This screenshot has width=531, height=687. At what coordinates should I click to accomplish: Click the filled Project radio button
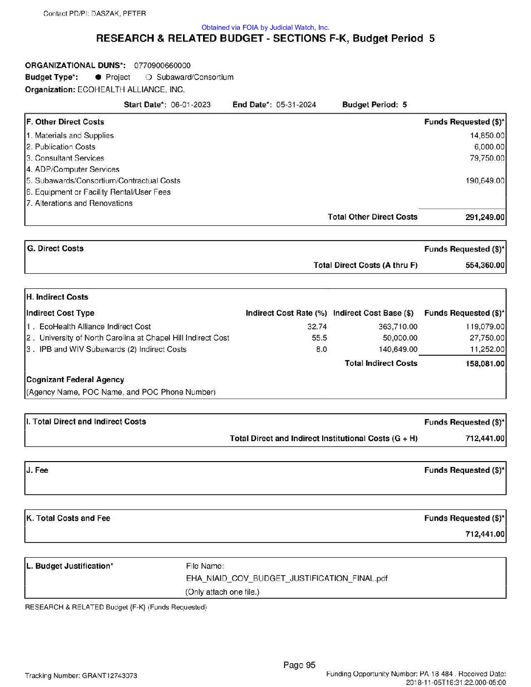pos(98,77)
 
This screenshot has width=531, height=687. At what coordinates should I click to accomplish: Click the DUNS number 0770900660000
pos(162,65)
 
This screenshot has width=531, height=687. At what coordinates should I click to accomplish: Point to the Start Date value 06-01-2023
pos(191,104)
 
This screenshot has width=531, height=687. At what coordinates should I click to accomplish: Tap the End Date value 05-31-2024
pos(296,104)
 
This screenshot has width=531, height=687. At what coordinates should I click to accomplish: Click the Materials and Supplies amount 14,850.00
pos(487,136)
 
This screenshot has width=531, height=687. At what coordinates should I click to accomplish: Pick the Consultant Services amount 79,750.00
pos(487,158)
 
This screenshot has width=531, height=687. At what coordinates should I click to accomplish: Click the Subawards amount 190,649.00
pos(485,181)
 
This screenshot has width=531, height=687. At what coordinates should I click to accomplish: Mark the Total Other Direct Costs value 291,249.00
pos(485,217)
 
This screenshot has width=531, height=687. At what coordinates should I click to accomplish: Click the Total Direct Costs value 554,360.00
pos(485,265)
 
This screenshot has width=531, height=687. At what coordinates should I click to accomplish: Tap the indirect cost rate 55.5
pos(320,338)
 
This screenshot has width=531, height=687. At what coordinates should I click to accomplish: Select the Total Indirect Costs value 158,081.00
pos(485,364)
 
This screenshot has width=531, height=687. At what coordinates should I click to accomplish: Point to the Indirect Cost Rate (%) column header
pos(286,313)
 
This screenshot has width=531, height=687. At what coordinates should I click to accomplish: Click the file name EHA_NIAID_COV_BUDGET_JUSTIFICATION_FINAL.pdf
pos(287,579)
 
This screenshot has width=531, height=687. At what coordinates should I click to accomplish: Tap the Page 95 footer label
pos(299,665)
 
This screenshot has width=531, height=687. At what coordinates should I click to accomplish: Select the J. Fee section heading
pos(38,470)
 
